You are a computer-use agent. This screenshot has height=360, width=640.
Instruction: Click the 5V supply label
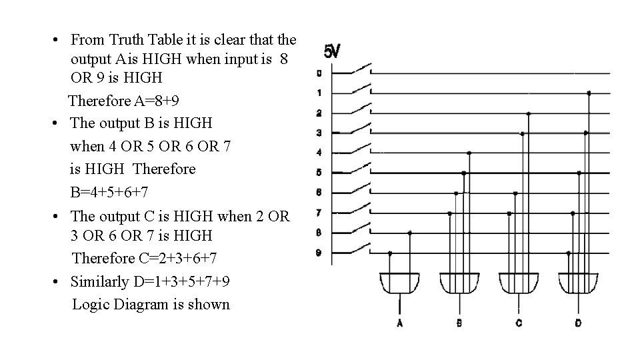[x=331, y=51]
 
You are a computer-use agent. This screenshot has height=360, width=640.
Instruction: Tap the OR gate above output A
[x=399, y=283]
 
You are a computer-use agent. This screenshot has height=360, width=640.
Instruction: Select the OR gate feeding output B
[x=459, y=283]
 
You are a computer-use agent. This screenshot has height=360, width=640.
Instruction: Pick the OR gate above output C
[x=518, y=283]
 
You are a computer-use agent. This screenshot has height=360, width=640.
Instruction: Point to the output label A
[x=399, y=323]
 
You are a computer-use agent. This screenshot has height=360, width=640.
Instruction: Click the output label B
[x=459, y=323]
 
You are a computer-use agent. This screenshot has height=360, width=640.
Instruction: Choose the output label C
[x=518, y=323]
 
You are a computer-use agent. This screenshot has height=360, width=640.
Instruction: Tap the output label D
[x=577, y=323]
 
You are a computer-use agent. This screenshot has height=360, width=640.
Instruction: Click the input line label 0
[x=319, y=73]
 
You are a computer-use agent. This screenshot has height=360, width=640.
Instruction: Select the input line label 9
[x=319, y=253]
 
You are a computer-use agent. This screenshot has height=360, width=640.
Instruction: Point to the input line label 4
[x=319, y=153]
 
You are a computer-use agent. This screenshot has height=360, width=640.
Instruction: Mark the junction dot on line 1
[x=589, y=93]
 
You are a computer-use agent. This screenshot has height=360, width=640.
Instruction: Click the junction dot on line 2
[x=529, y=113]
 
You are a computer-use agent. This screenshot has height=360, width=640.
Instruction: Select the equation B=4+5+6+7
[x=109, y=193]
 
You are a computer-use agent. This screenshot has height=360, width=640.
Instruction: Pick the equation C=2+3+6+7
[x=144, y=258]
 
